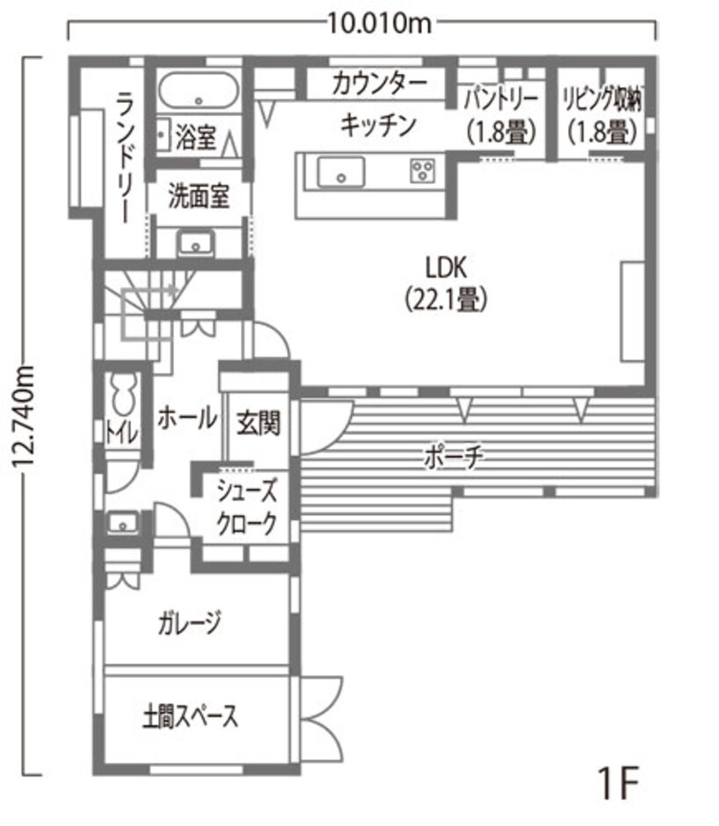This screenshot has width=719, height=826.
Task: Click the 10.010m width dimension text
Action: (380, 23)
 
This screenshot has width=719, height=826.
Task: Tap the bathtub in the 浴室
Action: (198, 91)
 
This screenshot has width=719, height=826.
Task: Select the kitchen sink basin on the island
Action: (340, 171)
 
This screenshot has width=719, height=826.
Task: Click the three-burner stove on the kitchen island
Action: (423, 170)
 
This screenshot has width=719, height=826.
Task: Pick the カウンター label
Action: (379, 83)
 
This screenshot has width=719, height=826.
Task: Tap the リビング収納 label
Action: (602, 99)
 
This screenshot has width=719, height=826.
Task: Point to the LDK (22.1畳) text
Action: (446, 285)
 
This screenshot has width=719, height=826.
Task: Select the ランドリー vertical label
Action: (125, 157)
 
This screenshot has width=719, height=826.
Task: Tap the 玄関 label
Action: (258, 423)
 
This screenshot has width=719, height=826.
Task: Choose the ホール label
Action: (187, 418)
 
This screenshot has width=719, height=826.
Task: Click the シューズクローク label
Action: (247, 507)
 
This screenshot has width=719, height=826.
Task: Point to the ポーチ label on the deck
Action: (454, 456)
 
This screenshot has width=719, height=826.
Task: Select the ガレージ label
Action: (189, 623)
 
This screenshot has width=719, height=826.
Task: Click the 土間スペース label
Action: (190, 716)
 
